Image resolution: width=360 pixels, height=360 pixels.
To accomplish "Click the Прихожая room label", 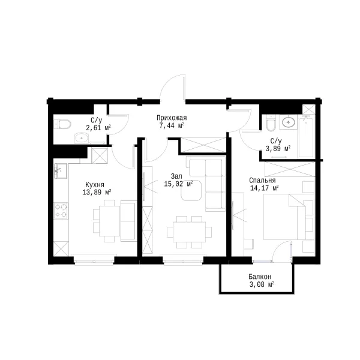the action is pos(172,118).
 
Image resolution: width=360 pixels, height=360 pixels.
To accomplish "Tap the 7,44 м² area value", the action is pos(172,125).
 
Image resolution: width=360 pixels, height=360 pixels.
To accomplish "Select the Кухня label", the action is pos(95,185).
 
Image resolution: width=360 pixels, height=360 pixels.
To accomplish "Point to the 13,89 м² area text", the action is pos(97,192).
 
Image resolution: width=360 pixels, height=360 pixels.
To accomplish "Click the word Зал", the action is pos(176,176).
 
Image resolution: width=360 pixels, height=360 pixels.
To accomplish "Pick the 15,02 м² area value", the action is pos(178,184).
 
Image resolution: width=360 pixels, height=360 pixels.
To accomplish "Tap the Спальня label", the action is pos(262,181).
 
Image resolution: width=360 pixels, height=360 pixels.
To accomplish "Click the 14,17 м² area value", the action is pos(264,188).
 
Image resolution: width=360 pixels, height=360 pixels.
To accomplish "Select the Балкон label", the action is pos(260,277).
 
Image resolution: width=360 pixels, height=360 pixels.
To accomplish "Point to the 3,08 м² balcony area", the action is pos(262,284).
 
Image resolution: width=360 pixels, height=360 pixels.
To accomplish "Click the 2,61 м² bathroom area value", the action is pos(98,127).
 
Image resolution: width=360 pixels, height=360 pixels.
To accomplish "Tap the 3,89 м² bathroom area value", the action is pos(278,149).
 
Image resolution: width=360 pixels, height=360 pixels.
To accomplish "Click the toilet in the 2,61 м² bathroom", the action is pos(64,124).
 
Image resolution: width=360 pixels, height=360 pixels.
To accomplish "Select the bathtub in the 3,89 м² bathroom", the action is pos(306,137).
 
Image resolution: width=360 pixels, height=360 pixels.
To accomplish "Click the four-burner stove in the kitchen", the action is pos(61,211).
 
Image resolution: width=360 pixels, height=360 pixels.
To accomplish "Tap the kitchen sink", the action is pos(61,171).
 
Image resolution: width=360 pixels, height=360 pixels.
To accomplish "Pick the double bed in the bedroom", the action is pos(284,217).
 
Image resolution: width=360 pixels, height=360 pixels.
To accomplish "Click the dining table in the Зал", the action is pos(190,232).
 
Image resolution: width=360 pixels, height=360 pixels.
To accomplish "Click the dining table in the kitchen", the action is pos(110,221).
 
